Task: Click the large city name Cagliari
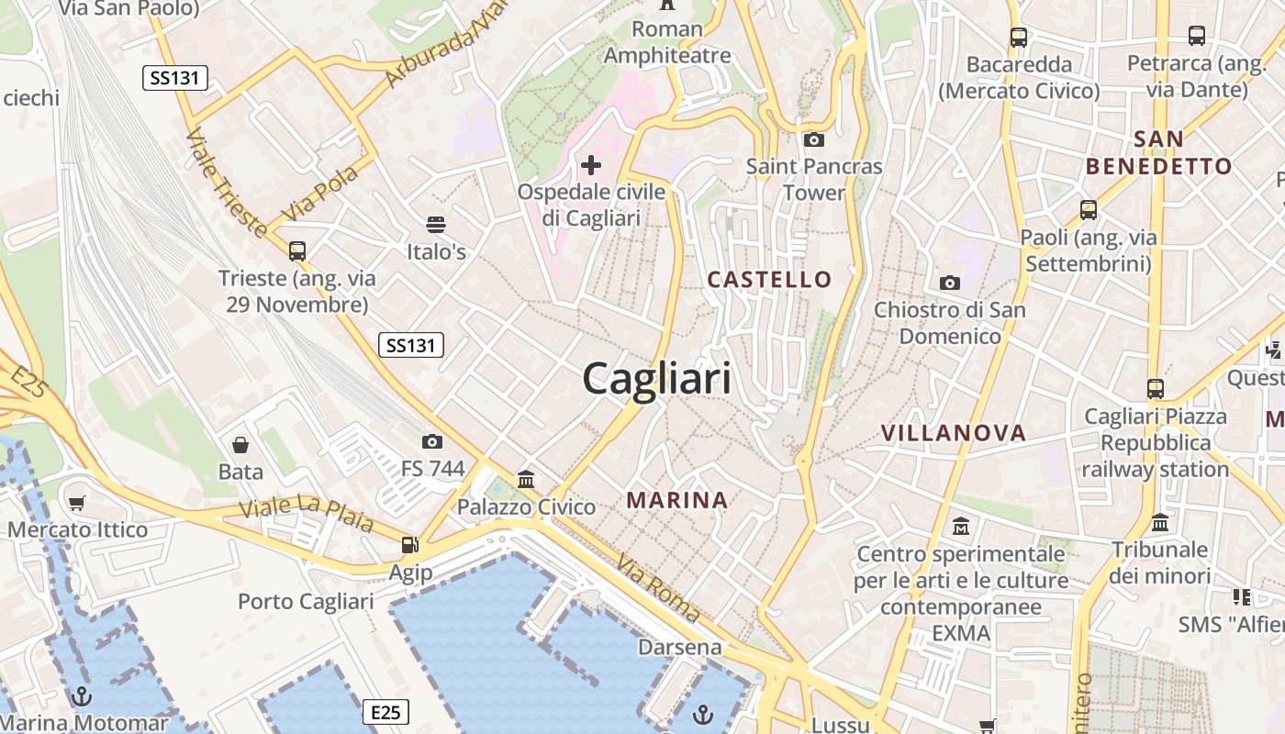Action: tap(657, 378)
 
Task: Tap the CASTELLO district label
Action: tap(769, 279)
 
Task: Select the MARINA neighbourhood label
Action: tap(677, 500)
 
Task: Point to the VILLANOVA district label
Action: tap(953, 433)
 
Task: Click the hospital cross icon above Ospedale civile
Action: tap(591, 165)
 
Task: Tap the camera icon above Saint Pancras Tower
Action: tap(813, 140)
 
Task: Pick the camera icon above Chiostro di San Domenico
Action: tap(950, 283)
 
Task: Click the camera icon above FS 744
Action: tap(432, 442)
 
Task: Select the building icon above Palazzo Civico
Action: tap(526, 479)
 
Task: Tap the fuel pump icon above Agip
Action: tap(409, 545)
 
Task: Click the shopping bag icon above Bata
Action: tap(240, 445)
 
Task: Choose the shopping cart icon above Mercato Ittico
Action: tap(77, 503)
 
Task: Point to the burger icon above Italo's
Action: tap(436, 225)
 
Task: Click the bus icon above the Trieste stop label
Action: tap(296, 250)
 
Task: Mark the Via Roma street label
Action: tap(658, 588)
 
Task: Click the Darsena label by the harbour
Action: tap(680, 647)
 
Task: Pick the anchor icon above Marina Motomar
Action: tap(82, 695)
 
